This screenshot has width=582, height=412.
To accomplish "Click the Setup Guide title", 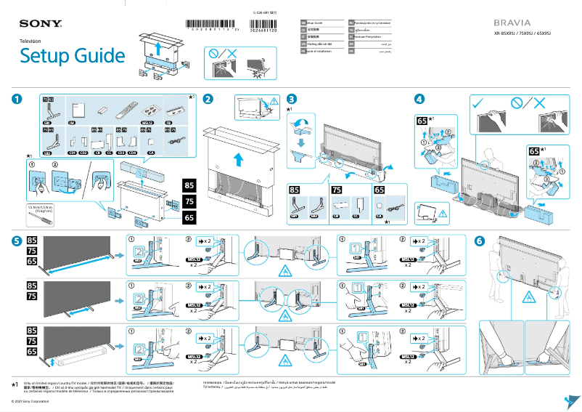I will point(72,56).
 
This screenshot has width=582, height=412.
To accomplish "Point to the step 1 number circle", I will point(17,100).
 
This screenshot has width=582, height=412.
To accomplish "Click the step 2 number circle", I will point(208,100).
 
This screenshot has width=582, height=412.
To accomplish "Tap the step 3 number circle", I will point(291,100).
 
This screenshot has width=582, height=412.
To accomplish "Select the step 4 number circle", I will point(419,100).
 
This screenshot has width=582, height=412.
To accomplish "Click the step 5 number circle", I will point(17,241).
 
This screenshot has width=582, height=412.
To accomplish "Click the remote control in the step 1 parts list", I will point(125,110).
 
